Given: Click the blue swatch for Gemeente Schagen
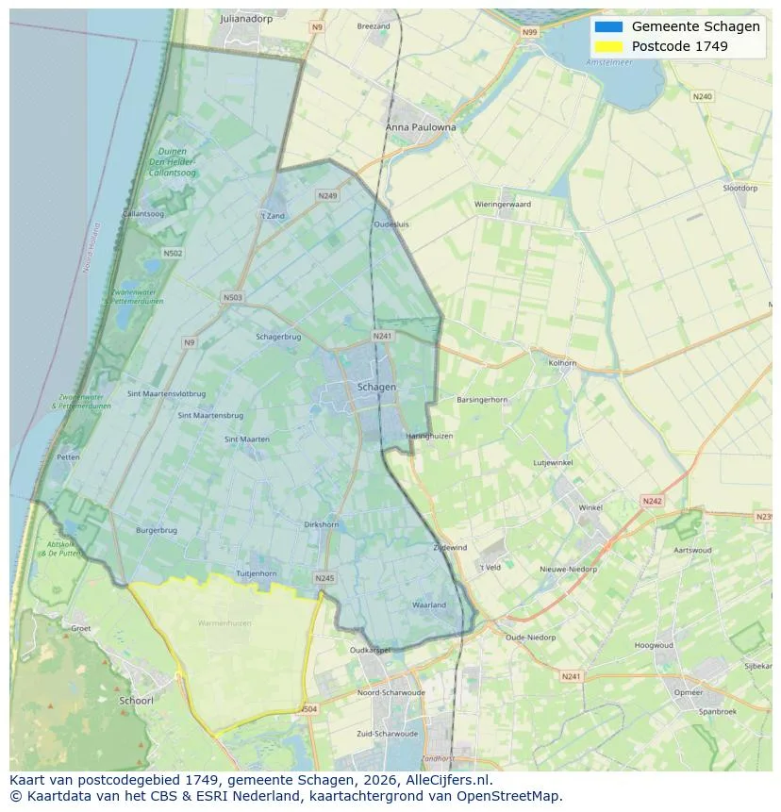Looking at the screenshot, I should [608, 26].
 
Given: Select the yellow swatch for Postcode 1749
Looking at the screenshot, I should [608, 46].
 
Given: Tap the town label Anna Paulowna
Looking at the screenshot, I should [421, 126].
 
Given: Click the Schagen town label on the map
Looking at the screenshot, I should [376, 387].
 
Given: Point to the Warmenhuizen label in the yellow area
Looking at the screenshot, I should [224, 623].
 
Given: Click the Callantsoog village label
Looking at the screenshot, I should [143, 214].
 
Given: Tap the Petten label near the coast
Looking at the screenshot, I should [68, 456].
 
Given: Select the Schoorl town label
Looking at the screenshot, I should [136, 701].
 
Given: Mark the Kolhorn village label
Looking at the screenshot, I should [562, 362].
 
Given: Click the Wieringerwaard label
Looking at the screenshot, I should [503, 204].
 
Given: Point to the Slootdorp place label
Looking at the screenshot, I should [739, 188].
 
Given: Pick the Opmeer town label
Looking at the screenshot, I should [688, 692].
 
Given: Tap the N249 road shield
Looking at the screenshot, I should [327, 196].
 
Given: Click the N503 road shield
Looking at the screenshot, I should [232, 298].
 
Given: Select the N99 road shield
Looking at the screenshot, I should [529, 32].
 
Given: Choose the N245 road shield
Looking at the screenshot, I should [324, 578].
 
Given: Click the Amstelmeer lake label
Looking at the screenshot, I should [608, 62].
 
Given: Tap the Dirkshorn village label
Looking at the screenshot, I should [322, 524].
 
